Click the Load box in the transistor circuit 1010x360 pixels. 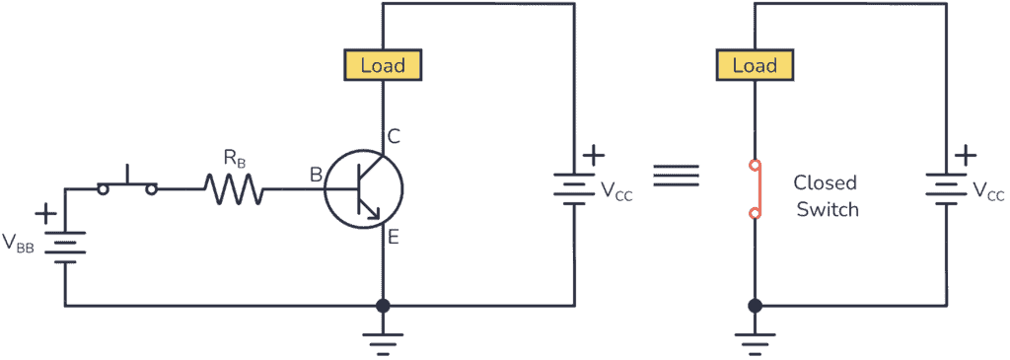point(383,66)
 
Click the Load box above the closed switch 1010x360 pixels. point(755,66)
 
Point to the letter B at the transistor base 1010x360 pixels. point(316,176)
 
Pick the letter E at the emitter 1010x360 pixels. point(393,237)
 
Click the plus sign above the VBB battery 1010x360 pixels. point(45,214)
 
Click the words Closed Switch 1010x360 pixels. point(826,196)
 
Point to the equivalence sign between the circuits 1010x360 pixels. point(684,175)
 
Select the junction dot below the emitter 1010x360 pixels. point(383,306)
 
